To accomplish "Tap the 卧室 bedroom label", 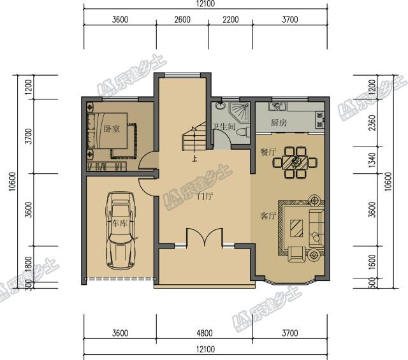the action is pyautogui.click(x=112, y=129).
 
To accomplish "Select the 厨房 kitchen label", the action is pyautogui.click(x=279, y=122).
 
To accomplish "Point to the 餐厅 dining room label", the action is pyautogui.click(x=268, y=152).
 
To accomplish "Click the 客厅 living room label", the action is pyautogui.click(x=268, y=216).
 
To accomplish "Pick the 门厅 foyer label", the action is pyautogui.click(x=205, y=196).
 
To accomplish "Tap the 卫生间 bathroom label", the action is pyautogui.click(x=224, y=127).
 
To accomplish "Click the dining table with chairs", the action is pyautogui.click(x=295, y=162).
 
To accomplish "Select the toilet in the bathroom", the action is pyautogui.click(x=243, y=132).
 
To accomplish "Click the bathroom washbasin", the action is pyautogui.click(x=221, y=106).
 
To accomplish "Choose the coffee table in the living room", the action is pyautogui.click(x=296, y=228).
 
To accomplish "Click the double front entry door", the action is pyautogui.click(x=205, y=237).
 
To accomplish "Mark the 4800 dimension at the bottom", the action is pyautogui.click(x=205, y=333).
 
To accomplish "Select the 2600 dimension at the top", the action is pyautogui.click(x=182, y=20).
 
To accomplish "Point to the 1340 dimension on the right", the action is pyautogui.click(x=372, y=160).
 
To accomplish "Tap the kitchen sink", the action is pyautogui.click(x=277, y=106).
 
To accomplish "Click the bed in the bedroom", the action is pyautogui.click(x=108, y=131).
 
